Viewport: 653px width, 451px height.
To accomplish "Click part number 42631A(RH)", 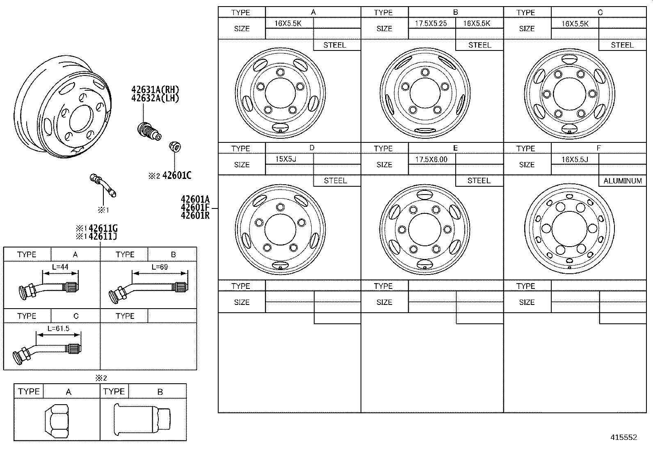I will tap(155, 90).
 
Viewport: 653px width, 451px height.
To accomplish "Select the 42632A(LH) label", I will tap(155, 98).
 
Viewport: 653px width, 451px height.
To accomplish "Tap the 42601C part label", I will tap(177, 176).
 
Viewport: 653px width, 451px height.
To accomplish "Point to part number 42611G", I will tap(103, 229).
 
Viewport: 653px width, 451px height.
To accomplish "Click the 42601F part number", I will tap(195, 208).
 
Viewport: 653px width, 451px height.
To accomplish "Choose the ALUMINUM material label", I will tap(622, 181).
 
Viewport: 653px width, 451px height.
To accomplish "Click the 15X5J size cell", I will tap(285, 159).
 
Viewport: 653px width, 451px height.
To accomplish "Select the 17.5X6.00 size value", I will tap(431, 159).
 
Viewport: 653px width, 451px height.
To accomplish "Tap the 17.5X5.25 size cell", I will tap(431, 23).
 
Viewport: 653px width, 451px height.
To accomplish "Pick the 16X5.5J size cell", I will tap(574, 159).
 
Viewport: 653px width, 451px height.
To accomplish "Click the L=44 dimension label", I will tap(60, 267).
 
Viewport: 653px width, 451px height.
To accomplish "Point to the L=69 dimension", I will tap(160, 267).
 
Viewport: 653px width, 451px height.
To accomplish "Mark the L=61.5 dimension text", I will tap(58, 329).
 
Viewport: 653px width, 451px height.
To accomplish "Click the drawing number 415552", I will tap(623, 437).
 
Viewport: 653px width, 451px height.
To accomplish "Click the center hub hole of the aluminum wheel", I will tap(569, 228).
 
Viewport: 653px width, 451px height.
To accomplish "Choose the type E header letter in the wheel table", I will tap(455, 148).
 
